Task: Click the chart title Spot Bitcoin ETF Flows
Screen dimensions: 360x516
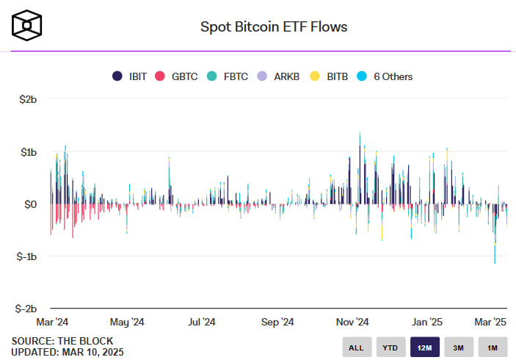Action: [x=274, y=27]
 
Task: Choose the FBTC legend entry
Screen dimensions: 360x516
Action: [x=227, y=76]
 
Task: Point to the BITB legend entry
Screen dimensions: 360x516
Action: [x=327, y=76]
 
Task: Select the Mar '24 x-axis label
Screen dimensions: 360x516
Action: [x=54, y=322]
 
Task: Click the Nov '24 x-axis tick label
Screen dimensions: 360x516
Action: [x=352, y=322]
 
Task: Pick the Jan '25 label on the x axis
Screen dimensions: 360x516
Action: [x=426, y=322]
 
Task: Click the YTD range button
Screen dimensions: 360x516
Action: [x=390, y=347]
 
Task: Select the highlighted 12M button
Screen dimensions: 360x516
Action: [x=425, y=347]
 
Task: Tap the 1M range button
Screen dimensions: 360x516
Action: [x=493, y=347]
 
